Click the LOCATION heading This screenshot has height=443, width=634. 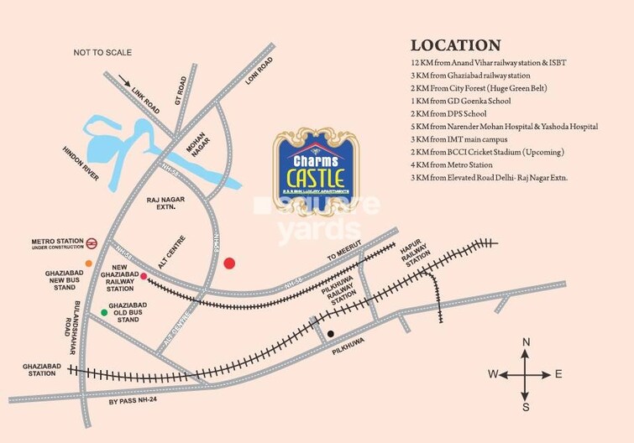pyautogui.click(x=455, y=45)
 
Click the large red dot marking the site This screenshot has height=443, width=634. pyautogui.click(x=230, y=263)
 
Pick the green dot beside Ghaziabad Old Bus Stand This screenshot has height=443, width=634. pyautogui.click(x=104, y=312)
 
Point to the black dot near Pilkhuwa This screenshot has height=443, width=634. pyautogui.click(x=331, y=335)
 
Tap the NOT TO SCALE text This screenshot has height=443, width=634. pyautogui.click(x=102, y=53)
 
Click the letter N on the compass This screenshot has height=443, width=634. pyautogui.click(x=526, y=341)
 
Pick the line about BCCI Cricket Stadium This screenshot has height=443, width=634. pyautogui.click(x=487, y=152)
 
